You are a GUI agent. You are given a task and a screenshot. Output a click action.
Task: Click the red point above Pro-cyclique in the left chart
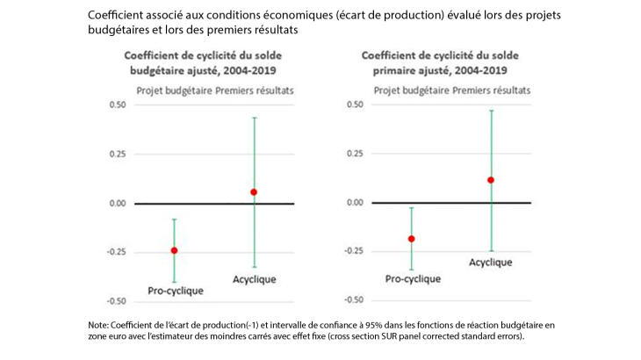point(174,250)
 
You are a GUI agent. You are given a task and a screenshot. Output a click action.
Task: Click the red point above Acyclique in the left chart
point(254,191)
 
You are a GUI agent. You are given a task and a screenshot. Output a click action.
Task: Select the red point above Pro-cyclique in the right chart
point(411,239)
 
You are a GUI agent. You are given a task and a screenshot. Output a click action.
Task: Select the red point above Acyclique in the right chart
point(491,180)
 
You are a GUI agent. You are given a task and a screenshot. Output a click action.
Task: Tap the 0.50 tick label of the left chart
point(117,105)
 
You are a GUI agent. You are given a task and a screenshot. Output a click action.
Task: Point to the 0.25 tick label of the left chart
point(117,155)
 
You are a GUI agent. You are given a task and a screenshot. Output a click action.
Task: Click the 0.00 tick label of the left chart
point(117,204)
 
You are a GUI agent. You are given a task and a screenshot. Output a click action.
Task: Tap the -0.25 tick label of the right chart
point(352,251)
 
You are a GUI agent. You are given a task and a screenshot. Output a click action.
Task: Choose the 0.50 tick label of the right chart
point(354,105)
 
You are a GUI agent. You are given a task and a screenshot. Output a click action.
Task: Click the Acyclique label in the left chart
point(254,279)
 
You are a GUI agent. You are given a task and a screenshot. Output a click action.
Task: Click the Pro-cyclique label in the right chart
point(414,278)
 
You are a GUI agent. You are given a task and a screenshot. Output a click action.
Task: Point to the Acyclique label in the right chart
point(490,262)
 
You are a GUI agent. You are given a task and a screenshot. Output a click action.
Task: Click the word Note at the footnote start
point(99,325)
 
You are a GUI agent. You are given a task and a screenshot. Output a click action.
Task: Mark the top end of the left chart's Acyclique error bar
point(254,118)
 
